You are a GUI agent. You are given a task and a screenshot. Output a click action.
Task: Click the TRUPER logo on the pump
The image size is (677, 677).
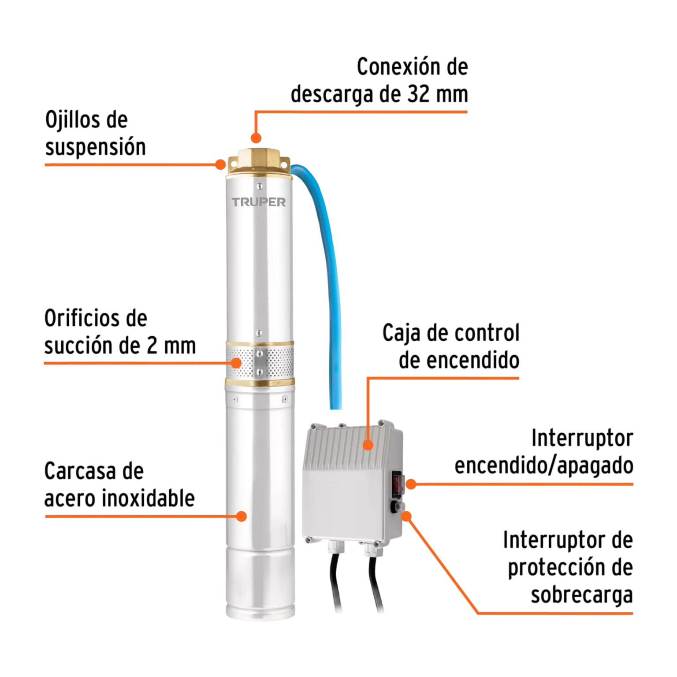click(259, 202)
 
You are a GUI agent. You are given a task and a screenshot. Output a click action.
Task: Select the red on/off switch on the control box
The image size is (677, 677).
click(398, 483)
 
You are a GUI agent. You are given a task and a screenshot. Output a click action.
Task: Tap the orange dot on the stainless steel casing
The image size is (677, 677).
click(241, 516)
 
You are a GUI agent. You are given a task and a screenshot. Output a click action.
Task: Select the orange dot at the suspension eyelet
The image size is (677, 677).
click(220, 164)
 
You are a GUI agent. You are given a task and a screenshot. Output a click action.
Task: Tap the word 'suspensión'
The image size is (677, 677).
click(96, 147)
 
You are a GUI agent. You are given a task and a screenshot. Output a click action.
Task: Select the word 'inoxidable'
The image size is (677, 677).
click(148, 498)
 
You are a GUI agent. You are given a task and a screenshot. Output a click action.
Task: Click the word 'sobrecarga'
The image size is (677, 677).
click(582, 595)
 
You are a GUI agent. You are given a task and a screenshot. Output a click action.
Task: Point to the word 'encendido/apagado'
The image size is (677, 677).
click(544, 465)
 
